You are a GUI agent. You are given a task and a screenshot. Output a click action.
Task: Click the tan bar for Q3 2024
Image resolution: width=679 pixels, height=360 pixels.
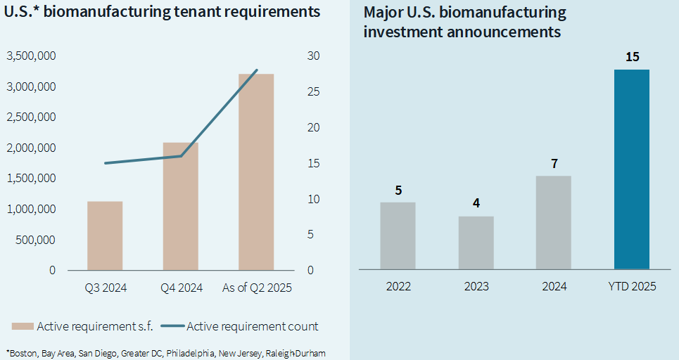[105, 236]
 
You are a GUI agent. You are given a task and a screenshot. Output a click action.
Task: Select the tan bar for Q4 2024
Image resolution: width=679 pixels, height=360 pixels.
[180, 206]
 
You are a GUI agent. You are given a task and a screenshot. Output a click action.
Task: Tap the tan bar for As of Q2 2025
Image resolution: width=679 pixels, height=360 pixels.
[256, 172]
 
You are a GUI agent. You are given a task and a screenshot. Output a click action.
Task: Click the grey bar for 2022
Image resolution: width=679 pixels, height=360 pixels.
[398, 236]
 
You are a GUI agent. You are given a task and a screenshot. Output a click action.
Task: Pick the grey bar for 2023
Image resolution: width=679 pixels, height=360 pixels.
[476, 243]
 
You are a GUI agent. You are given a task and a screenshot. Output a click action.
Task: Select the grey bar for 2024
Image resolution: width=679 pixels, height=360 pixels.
[554, 222]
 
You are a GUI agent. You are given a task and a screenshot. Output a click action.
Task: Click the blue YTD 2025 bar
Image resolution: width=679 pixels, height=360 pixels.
[632, 169]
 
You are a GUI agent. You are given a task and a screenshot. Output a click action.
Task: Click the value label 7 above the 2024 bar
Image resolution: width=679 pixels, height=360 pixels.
[554, 164]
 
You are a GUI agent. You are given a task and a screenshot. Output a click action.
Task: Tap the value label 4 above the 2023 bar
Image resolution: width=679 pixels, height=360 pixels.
[476, 204]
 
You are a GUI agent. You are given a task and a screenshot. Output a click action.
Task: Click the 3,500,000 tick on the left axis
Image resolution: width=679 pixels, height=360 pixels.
[32, 56]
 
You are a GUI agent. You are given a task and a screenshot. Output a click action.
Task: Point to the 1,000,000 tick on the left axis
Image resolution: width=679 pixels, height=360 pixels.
[32, 209]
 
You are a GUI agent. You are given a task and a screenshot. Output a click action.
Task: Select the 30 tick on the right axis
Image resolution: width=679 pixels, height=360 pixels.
[314, 56]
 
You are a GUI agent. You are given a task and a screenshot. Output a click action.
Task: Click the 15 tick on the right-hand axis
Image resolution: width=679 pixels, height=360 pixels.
[314, 163]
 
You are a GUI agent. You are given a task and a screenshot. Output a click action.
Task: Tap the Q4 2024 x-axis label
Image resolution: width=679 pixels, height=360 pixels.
[180, 288]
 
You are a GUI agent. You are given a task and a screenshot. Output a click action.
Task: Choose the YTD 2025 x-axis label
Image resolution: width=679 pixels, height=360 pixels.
[632, 287]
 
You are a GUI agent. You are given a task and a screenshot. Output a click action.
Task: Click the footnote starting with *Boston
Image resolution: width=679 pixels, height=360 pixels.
[165, 352]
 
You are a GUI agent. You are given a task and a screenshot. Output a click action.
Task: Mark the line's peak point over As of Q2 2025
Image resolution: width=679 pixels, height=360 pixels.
[257, 70]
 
